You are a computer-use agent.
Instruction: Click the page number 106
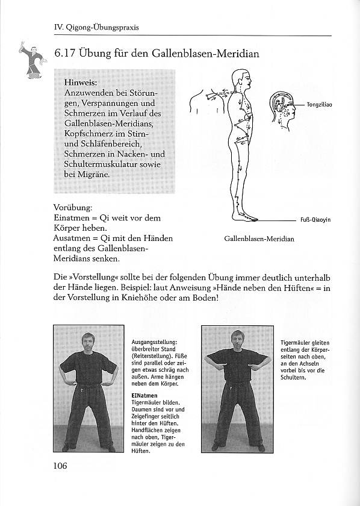pos(60,465)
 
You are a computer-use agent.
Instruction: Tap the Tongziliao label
pos(319,105)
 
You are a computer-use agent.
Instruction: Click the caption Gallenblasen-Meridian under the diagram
pos(259,239)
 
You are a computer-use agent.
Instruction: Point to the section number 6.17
pos(65,53)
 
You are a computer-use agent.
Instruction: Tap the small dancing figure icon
pos(33,60)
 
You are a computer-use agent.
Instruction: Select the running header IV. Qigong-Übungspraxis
pos(96,28)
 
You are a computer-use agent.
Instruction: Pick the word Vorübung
pos(73,207)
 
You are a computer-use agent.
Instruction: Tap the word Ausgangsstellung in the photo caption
pos(154,342)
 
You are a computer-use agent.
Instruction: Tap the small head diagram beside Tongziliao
pos(282,110)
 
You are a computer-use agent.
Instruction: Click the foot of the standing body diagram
pos(245,217)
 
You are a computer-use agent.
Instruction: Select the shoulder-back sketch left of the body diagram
pos(207,101)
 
